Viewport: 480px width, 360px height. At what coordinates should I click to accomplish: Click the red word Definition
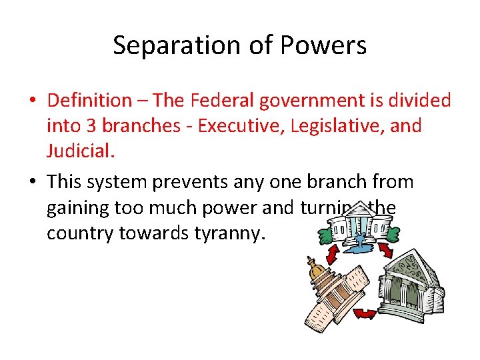(89, 101)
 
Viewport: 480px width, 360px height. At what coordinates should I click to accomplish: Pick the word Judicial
(80, 150)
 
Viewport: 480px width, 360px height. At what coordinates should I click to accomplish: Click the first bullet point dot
(33, 101)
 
